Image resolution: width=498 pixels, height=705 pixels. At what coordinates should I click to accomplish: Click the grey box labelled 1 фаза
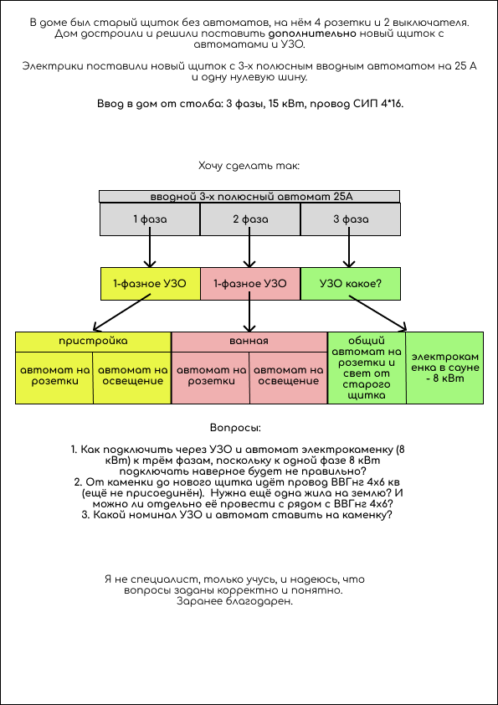coord(150,219)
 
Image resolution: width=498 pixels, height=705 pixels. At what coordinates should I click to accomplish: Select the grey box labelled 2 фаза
coord(250,219)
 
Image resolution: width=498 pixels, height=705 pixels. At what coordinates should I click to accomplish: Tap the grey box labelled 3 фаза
coord(350,219)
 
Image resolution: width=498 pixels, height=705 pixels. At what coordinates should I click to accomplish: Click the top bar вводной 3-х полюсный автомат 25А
coord(249,197)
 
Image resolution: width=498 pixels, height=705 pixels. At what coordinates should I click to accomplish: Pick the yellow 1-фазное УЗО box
coord(150,284)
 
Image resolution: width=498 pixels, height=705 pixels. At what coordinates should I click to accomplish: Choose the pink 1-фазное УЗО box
coord(250,284)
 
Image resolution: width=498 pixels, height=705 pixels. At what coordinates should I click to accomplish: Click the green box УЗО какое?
coord(350,284)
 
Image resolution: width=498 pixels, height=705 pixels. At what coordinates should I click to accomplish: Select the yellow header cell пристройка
coord(94,342)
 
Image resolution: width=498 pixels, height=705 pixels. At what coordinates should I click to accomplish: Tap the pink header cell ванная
coord(249,342)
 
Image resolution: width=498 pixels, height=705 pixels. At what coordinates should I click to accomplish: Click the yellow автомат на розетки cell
coord(54,378)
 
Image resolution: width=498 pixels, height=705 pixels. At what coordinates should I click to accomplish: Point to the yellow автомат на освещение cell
coord(132,378)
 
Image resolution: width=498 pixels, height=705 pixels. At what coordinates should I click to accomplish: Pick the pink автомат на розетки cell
coord(210,378)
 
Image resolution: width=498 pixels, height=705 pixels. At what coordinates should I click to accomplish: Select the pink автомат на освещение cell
coord(289,378)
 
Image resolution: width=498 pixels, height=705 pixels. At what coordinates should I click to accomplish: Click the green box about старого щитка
coord(367,368)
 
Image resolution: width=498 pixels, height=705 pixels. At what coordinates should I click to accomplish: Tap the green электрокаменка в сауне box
coord(445,368)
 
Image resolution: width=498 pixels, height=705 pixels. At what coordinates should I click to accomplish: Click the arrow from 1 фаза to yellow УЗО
coord(150,252)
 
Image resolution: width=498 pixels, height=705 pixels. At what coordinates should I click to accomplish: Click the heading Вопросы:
coord(235,428)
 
